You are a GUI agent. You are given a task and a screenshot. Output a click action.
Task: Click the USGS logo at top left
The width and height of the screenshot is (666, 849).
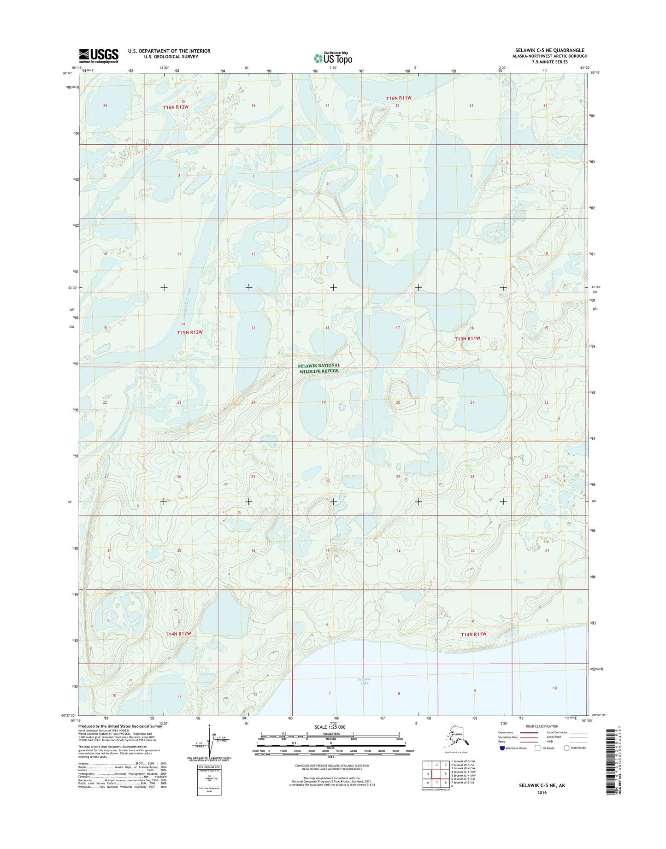coord(98,56)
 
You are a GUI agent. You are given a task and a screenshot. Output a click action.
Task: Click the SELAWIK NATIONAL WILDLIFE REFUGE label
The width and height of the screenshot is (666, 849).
coord(319,368)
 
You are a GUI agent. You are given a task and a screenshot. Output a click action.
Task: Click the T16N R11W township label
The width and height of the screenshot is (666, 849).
coord(398,98)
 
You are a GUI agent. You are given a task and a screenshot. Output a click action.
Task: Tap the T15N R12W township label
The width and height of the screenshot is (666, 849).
coord(190,332)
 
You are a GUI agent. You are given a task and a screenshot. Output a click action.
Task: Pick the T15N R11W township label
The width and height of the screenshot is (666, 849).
coord(467,338)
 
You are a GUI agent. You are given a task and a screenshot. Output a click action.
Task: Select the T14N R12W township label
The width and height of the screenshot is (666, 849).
coord(178,634)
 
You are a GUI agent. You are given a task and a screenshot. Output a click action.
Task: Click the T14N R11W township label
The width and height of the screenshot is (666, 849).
coord(474,634)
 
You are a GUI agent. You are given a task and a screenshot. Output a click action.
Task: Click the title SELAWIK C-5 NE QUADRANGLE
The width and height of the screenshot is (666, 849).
coord(549,50)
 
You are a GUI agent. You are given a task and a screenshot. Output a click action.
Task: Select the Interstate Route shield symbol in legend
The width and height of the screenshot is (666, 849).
coord(502,761)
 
